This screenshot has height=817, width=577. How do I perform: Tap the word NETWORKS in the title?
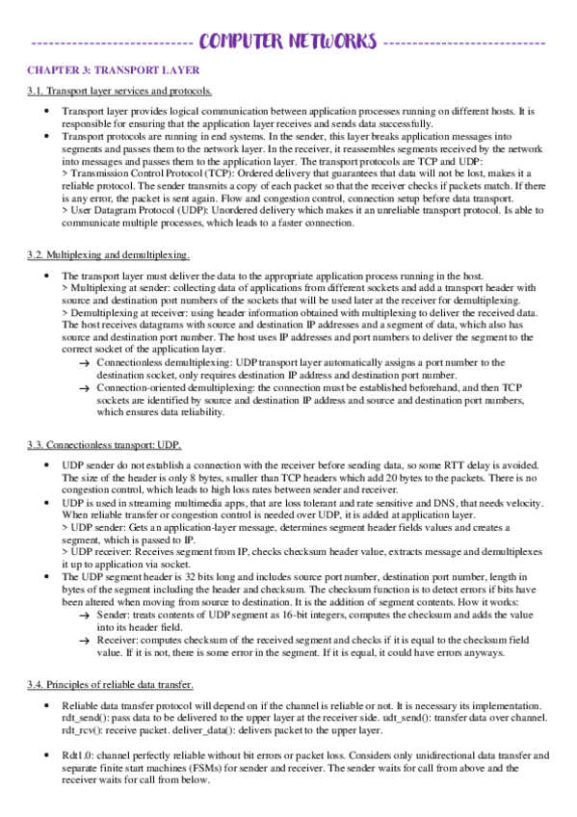pos(332,41)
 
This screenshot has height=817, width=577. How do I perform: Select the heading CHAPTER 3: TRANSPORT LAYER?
pos(113,70)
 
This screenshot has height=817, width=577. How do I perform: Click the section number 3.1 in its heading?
pos(35,92)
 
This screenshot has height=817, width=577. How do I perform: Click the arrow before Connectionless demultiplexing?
pos(84,362)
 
